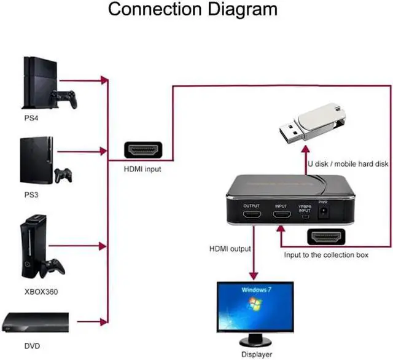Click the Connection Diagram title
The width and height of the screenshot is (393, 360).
coord(193,10)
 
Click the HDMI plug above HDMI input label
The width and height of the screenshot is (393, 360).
coord(143,149)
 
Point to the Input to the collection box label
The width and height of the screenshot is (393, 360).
coord(326,254)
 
